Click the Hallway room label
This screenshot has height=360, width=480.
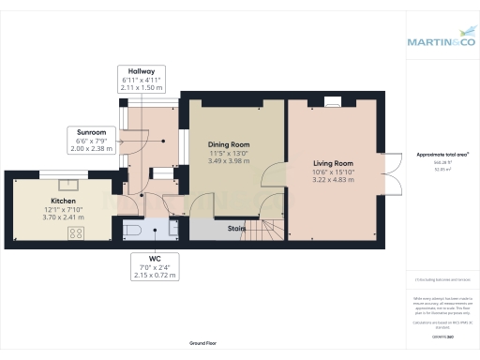[x=142, y=71]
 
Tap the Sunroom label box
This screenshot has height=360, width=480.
[x=91, y=132]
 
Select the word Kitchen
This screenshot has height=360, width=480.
[x=50, y=201]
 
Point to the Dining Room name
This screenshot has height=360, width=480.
[x=229, y=144]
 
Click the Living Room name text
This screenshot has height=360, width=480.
[x=333, y=163]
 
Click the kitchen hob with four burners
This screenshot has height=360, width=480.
[x=75, y=232]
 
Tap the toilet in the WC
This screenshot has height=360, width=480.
[x=133, y=228]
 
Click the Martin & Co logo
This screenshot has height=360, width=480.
[x=440, y=41]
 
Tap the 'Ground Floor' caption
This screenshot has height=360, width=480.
[x=203, y=344]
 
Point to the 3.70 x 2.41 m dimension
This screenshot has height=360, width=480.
[x=50, y=216]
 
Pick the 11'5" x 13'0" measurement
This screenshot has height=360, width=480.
[x=229, y=152]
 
